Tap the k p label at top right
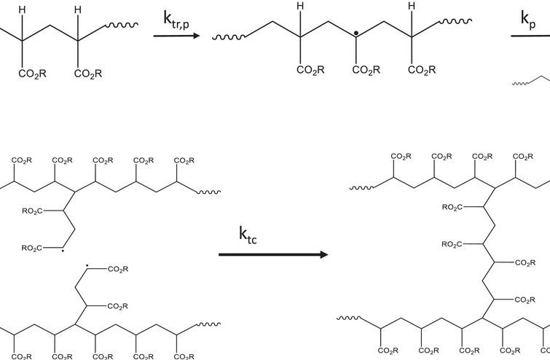(527, 20)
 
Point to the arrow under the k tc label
(272, 255)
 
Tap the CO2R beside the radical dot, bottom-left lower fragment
(117, 270)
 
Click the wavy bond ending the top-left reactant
(118, 25)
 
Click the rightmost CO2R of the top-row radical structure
(422, 71)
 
